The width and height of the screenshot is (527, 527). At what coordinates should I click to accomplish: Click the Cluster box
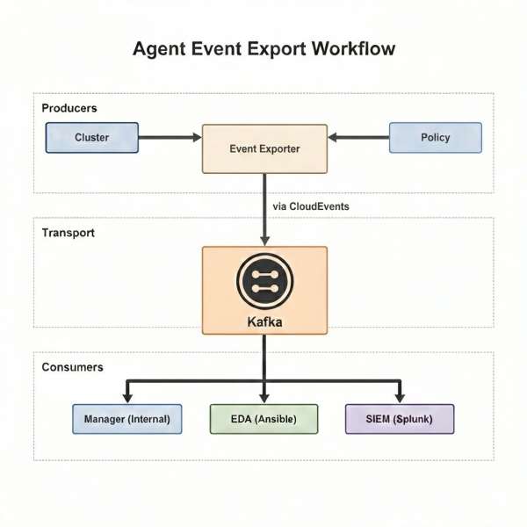[x=92, y=138]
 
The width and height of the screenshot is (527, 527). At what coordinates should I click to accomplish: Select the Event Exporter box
[x=264, y=148]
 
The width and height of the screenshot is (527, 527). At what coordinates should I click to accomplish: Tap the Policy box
[x=436, y=138]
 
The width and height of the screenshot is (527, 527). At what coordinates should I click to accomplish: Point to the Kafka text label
[x=264, y=322]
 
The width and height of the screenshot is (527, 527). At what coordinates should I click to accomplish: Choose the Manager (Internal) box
[x=126, y=419]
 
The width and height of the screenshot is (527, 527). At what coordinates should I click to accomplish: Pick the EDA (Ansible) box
[x=264, y=419]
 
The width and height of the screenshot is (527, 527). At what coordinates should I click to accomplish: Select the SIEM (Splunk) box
[x=400, y=419]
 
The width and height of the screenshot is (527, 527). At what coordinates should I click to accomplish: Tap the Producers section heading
[x=69, y=108]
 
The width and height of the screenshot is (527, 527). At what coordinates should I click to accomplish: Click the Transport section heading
[x=69, y=234]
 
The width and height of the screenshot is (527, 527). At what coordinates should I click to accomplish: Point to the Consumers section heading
[x=73, y=366]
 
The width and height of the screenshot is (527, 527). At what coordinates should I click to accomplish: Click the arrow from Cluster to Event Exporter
[x=170, y=137]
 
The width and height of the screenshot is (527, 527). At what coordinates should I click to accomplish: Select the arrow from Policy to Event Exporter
[x=358, y=137]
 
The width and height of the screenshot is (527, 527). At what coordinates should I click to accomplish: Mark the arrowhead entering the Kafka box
[x=264, y=240]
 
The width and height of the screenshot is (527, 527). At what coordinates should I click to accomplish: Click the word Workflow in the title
[x=353, y=48]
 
